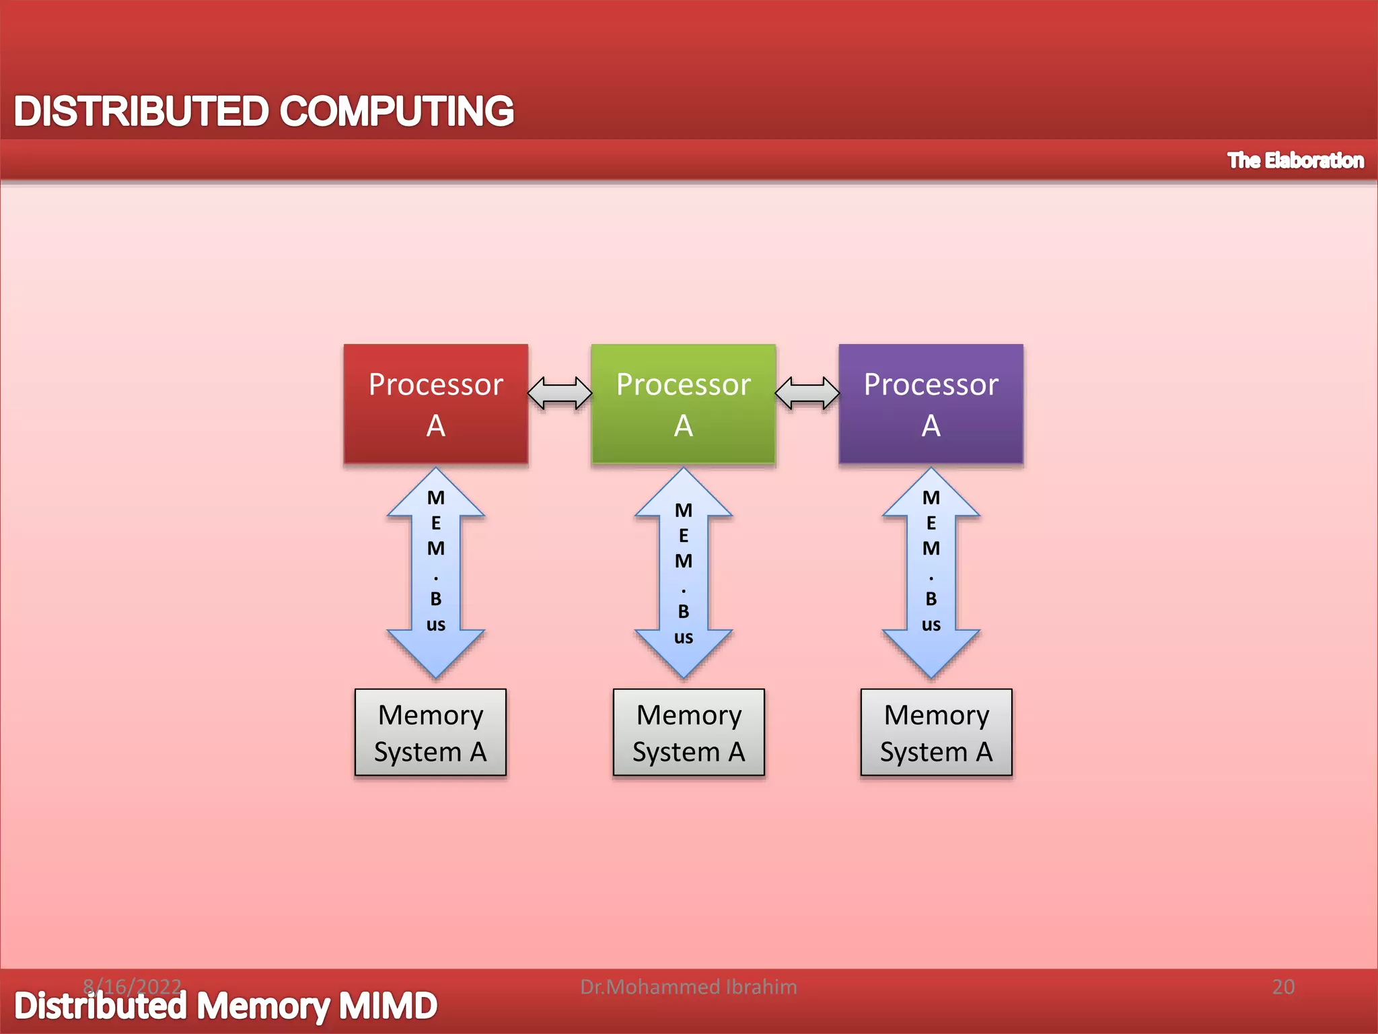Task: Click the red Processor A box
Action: [435, 404]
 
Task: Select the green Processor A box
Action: [683, 404]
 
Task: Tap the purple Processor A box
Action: [931, 404]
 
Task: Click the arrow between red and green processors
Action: [559, 393]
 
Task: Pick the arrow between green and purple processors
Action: [807, 393]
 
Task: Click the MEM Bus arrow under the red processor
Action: [435, 572]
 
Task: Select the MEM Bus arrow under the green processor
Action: [683, 572]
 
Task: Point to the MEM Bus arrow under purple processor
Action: [931, 572]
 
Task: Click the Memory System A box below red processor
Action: [430, 732]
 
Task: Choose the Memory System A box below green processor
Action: [688, 732]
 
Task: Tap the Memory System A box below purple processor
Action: [936, 732]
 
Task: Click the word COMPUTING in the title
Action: [396, 111]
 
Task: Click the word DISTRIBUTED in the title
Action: [141, 111]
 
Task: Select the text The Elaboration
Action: [1295, 160]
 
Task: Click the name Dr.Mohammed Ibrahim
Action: [688, 987]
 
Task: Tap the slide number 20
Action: [1283, 987]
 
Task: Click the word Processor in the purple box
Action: [931, 384]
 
